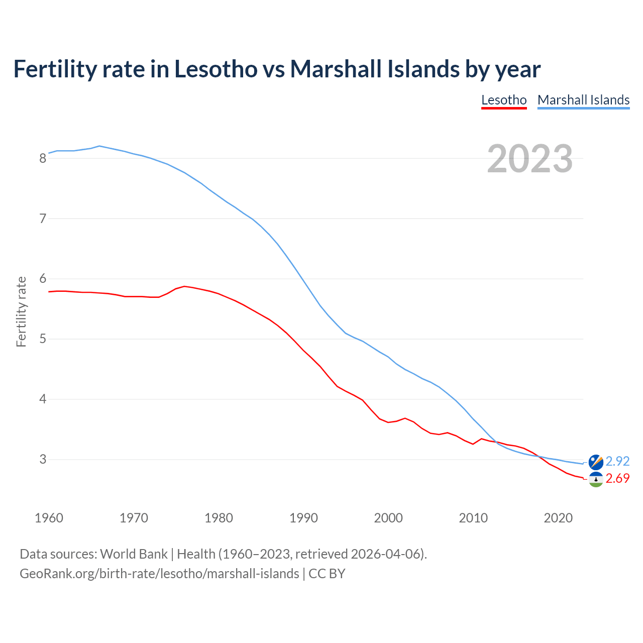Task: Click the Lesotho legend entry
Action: click(504, 100)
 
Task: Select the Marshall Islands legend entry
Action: click(583, 100)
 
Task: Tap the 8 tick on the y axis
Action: click(43, 159)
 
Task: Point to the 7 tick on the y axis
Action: click(43, 219)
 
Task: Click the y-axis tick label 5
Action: click(43, 339)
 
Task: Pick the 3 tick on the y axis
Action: click(43, 460)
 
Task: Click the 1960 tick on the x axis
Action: click(49, 518)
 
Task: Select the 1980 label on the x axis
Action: click(219, 518)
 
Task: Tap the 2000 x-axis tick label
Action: click(388, 518)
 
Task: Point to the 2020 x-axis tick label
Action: click(558, 518)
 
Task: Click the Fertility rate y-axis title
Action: click(21, 311)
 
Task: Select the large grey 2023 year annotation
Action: click(530, 159)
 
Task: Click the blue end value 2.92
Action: click(617, 461)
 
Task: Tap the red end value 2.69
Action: click(617, 479)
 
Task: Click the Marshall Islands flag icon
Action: click(596, 462)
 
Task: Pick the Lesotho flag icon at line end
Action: click(596, 479)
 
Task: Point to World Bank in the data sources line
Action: click(134, 554)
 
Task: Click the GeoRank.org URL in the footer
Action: click(159, 574)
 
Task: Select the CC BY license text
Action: click(327, 574)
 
